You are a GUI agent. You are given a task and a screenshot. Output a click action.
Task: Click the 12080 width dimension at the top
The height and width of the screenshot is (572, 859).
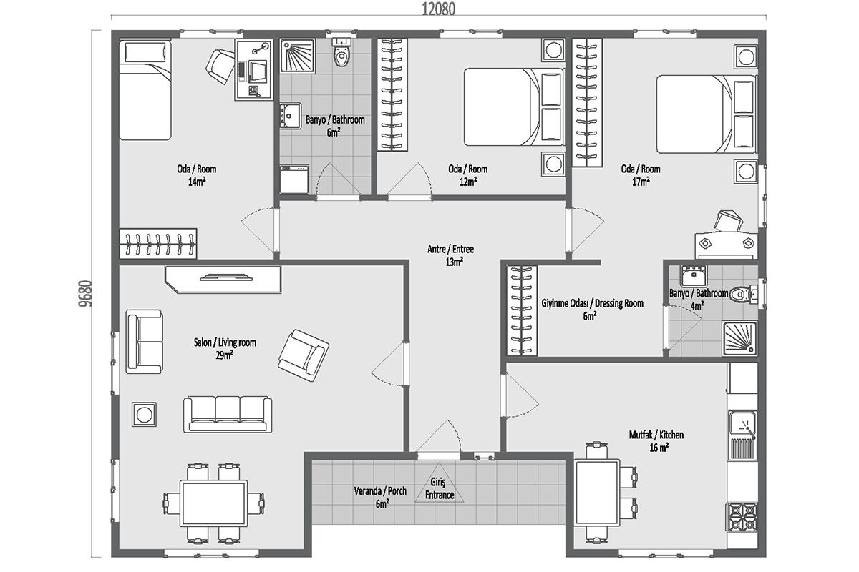pos(438,9)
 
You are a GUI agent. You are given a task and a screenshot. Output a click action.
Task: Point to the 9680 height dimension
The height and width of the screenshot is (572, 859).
pos(84,293)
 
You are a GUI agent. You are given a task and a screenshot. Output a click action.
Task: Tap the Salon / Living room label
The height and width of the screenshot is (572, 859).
pos(225,342)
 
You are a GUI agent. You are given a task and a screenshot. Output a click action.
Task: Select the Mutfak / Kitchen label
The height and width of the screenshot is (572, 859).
pos(656,435)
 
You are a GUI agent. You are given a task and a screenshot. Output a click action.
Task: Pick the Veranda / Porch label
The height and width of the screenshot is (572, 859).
pos(380,490)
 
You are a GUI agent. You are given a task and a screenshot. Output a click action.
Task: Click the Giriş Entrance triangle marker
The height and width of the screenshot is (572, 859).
pos(439,483)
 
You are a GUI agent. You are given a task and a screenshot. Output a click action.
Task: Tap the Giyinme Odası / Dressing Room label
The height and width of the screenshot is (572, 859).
pos(593,303)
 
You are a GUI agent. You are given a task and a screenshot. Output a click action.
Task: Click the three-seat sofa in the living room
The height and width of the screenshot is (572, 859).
pos(228,415)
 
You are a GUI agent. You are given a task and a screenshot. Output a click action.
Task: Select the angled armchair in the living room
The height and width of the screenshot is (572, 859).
pos(304,355)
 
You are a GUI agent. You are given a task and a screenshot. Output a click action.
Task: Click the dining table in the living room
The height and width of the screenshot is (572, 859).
pos(214,503)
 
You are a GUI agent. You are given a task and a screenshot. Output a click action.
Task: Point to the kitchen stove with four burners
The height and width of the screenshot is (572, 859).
pos(743,517)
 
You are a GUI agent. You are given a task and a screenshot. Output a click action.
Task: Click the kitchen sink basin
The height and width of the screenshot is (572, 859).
pos(742,423)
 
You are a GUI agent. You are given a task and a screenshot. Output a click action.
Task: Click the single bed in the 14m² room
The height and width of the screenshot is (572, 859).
pos(145,89)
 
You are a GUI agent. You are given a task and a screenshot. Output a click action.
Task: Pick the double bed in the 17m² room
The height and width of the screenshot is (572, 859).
pos(706,114)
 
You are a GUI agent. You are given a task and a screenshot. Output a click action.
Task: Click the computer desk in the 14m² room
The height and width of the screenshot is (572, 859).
pos(254,70)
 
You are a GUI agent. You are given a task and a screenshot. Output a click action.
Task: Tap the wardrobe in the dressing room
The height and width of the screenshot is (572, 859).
pos(522,311)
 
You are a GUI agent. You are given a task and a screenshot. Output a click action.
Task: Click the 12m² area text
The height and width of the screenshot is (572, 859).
pos(468,182)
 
